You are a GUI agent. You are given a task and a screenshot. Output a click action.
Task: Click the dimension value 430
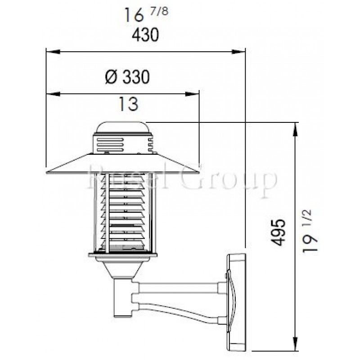146,35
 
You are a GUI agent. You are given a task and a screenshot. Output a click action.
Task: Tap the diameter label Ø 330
127,78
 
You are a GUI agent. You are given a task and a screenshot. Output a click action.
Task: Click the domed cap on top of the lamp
123,127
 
